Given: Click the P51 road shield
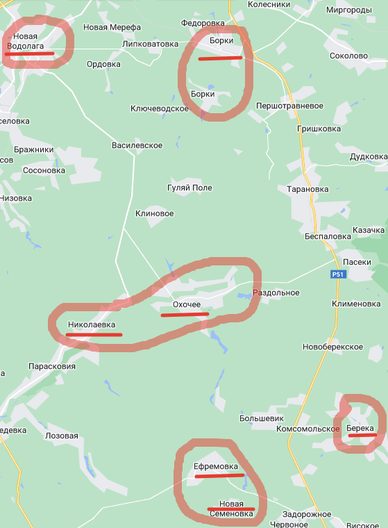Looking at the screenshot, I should pyautogui.click(x=337, y=275).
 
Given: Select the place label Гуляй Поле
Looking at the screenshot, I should pyautogui.click(x=189, y=188).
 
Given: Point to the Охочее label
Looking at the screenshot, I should pyautogui.click(x=185, y=305).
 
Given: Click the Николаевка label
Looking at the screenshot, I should pyautogui.click(x=92, y=324).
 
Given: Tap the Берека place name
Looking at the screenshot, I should pyautogui.click(x=360, y=428).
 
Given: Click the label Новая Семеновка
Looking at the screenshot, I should pyautogui.click(x=231, y=509).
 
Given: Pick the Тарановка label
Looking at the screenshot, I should pyautogui.click(x=307, y=188).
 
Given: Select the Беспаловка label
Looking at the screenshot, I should pyautogui.click(x=328, y=236).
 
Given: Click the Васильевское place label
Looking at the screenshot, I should pyautogui.click(x=137, y=145).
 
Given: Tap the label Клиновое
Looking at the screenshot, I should pyautogui.click(x=154, y=213).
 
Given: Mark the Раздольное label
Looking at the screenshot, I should pyautogui.click(x=276, y=292).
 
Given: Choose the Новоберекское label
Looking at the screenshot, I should pyautogui.click(x=333, y=347).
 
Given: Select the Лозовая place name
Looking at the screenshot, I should pyautogui.click(x=62, y=436).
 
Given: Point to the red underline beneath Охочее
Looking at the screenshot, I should pyautogui.click(x=184, y=314).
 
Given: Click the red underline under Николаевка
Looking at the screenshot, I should pyautogui.click(x=94, y=335).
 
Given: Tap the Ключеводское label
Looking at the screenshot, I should pyautogui.click(x=160, y=108).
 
